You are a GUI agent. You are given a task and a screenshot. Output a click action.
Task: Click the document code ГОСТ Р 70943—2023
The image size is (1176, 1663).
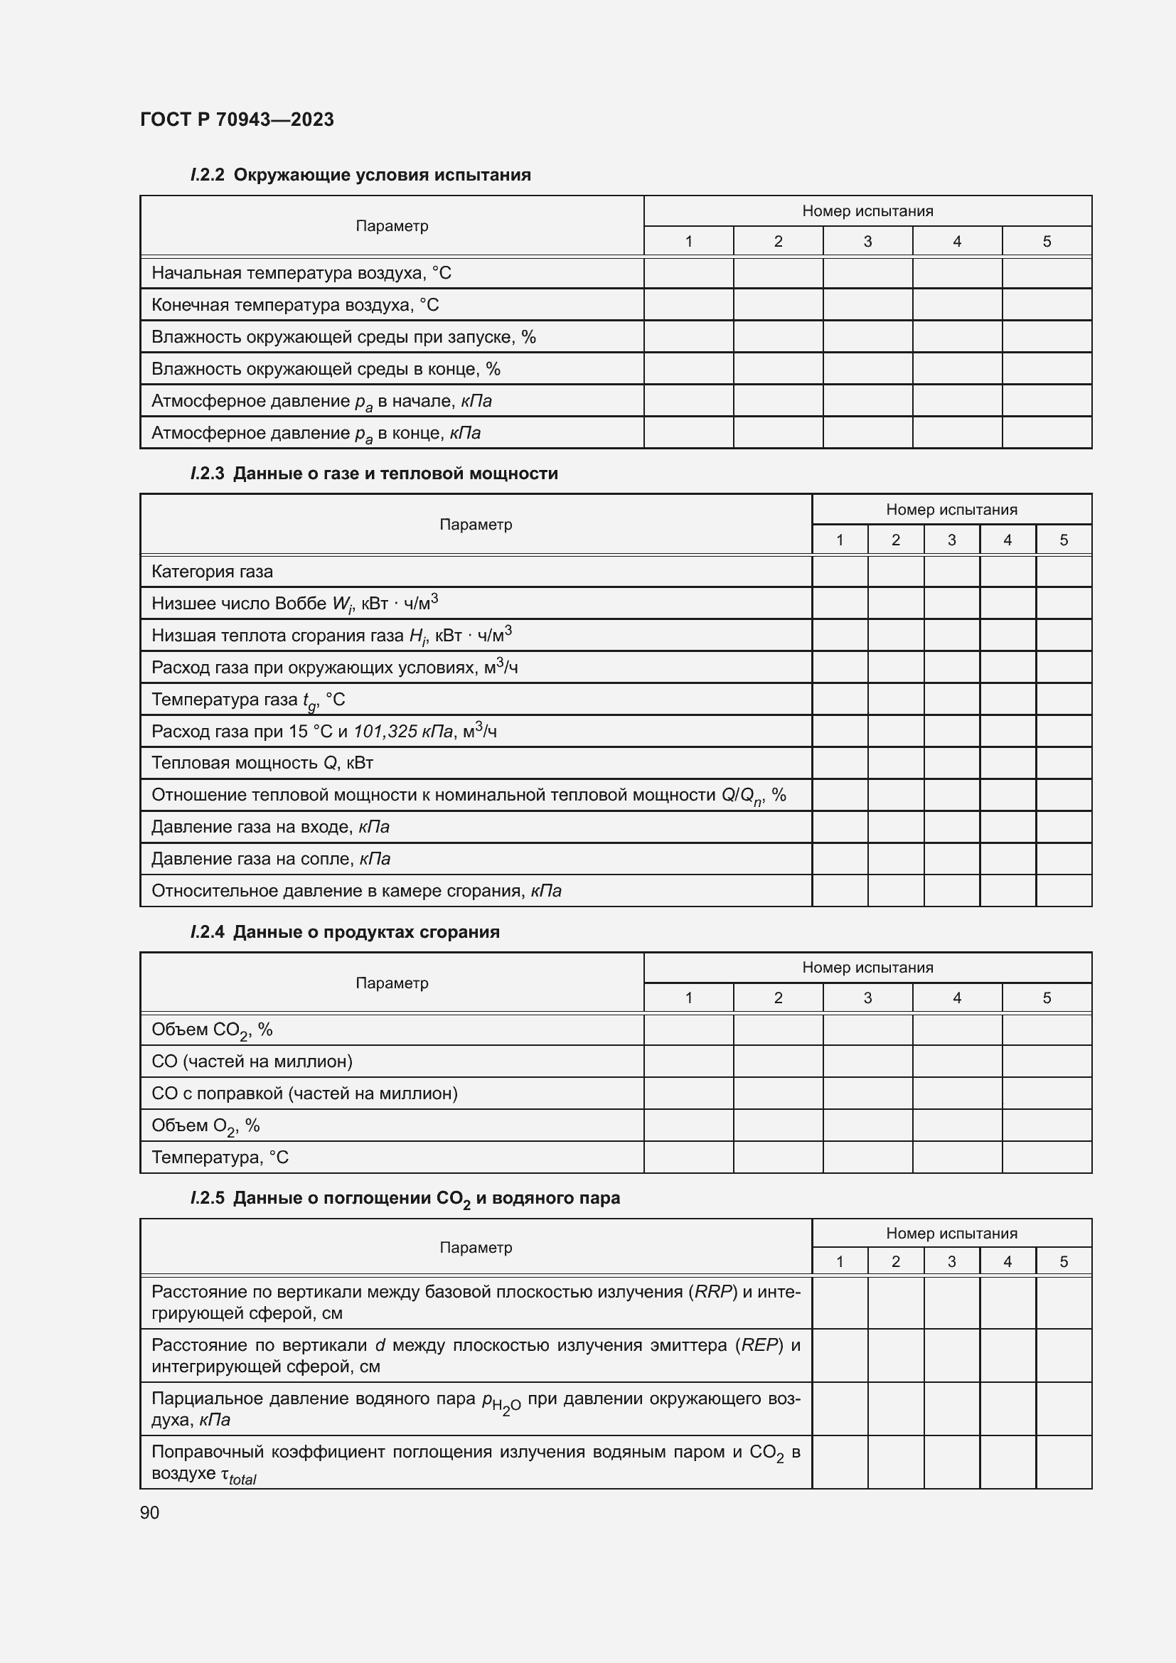pos(237,119)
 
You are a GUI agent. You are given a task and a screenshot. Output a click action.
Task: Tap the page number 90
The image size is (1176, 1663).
pos(150,1512)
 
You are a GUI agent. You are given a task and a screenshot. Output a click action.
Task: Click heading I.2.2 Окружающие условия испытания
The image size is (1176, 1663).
pos(360,175)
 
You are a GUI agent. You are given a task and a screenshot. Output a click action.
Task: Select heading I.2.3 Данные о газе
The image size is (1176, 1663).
pos(374,474)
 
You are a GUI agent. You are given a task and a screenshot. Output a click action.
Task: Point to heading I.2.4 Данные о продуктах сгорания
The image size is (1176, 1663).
pos(345,932)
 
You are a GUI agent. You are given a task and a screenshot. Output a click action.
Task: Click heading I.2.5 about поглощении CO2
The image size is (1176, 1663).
pos(405,1199)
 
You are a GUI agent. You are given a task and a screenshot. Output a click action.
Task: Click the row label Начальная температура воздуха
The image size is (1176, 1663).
pos(301,273)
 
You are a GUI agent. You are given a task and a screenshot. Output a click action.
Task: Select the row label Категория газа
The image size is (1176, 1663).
pos(212,572)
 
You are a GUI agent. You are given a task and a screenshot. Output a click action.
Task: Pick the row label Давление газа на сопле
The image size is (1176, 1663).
pos(271,859)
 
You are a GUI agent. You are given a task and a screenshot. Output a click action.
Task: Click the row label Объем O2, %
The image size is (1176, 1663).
pos(205,1125)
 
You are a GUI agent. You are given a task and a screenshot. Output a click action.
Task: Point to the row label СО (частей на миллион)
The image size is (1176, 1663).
pos(252,1062)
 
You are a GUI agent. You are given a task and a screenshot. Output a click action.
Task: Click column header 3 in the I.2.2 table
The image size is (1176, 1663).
pos(867,241)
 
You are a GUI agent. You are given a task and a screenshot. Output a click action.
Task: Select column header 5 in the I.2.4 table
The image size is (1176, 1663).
pos(1047,998)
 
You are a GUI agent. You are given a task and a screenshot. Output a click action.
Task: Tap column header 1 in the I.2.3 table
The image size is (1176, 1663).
pos(839,540)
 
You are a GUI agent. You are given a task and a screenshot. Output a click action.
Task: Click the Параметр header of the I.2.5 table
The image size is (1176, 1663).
pos(476,1247)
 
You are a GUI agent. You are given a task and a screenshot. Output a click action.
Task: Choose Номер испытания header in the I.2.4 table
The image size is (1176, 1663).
pos(867,968)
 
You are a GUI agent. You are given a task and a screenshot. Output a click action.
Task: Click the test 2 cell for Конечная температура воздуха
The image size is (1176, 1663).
pos(778,305)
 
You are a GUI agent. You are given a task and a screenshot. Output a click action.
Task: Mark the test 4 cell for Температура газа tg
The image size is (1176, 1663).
pos(1007,700)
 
